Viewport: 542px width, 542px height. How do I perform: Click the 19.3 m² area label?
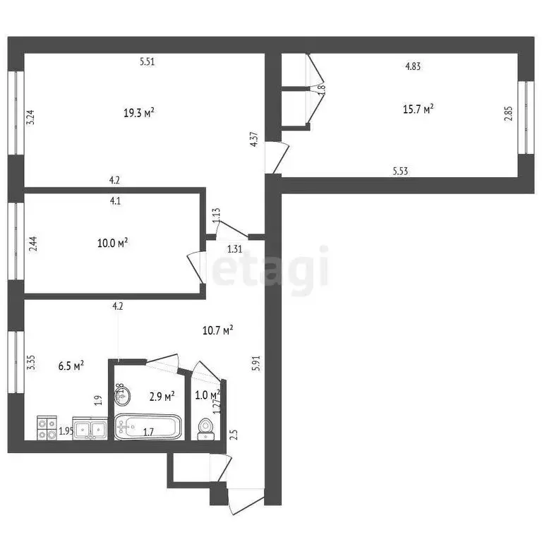(139, 112)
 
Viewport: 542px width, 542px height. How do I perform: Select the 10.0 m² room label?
(112, 243)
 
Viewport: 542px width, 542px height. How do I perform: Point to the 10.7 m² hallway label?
(218, 329)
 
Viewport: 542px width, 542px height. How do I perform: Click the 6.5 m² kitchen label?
(70, 365)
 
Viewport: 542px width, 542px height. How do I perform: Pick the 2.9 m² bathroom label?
(162, 397)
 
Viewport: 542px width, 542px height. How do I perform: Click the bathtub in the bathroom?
(147, 427)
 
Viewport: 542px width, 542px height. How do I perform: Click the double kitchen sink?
(90, 428)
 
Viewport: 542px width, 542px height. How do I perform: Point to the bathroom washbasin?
(122, 395)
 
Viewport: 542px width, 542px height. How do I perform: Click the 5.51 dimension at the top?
(147, 61)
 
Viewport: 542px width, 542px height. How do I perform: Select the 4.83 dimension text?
(413, 67)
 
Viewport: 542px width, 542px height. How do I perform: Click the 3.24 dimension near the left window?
(30, 116)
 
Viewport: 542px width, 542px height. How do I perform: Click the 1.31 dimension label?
(235, 248)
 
